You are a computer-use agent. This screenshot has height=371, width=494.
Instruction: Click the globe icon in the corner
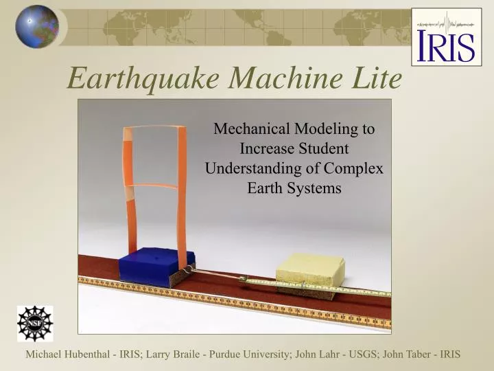pyautogui.click(x=37, y=26)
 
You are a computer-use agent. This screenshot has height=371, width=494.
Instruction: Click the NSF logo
pyautogui.click(x=34, y=324)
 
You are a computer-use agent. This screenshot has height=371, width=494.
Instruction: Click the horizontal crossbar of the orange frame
pyautogui.click(x=154, y=185)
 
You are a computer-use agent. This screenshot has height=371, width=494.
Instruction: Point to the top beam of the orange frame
pyautogui.click(x=154, y=128)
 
